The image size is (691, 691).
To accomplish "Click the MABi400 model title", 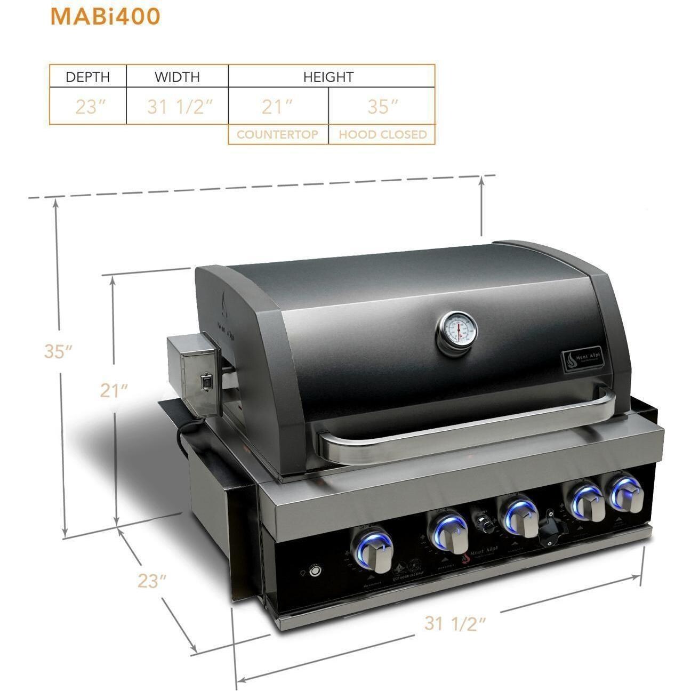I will point(105,17).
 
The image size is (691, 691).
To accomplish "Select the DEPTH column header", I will point(88,77).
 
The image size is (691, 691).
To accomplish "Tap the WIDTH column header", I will point(178,77).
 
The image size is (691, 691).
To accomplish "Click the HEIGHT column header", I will point(328,77).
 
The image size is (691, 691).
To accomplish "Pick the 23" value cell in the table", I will point(89,107).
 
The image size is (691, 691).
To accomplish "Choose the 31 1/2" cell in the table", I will point(178,107).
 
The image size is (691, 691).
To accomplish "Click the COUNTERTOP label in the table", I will point(278,134).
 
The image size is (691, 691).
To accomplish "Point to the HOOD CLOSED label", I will point(382,134).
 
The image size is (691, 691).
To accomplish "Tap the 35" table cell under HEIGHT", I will point(380,107).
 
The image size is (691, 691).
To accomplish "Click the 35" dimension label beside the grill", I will point(58,351).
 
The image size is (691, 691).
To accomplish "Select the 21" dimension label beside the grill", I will point(114,391).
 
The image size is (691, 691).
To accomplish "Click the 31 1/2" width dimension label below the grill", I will point(455,622).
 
